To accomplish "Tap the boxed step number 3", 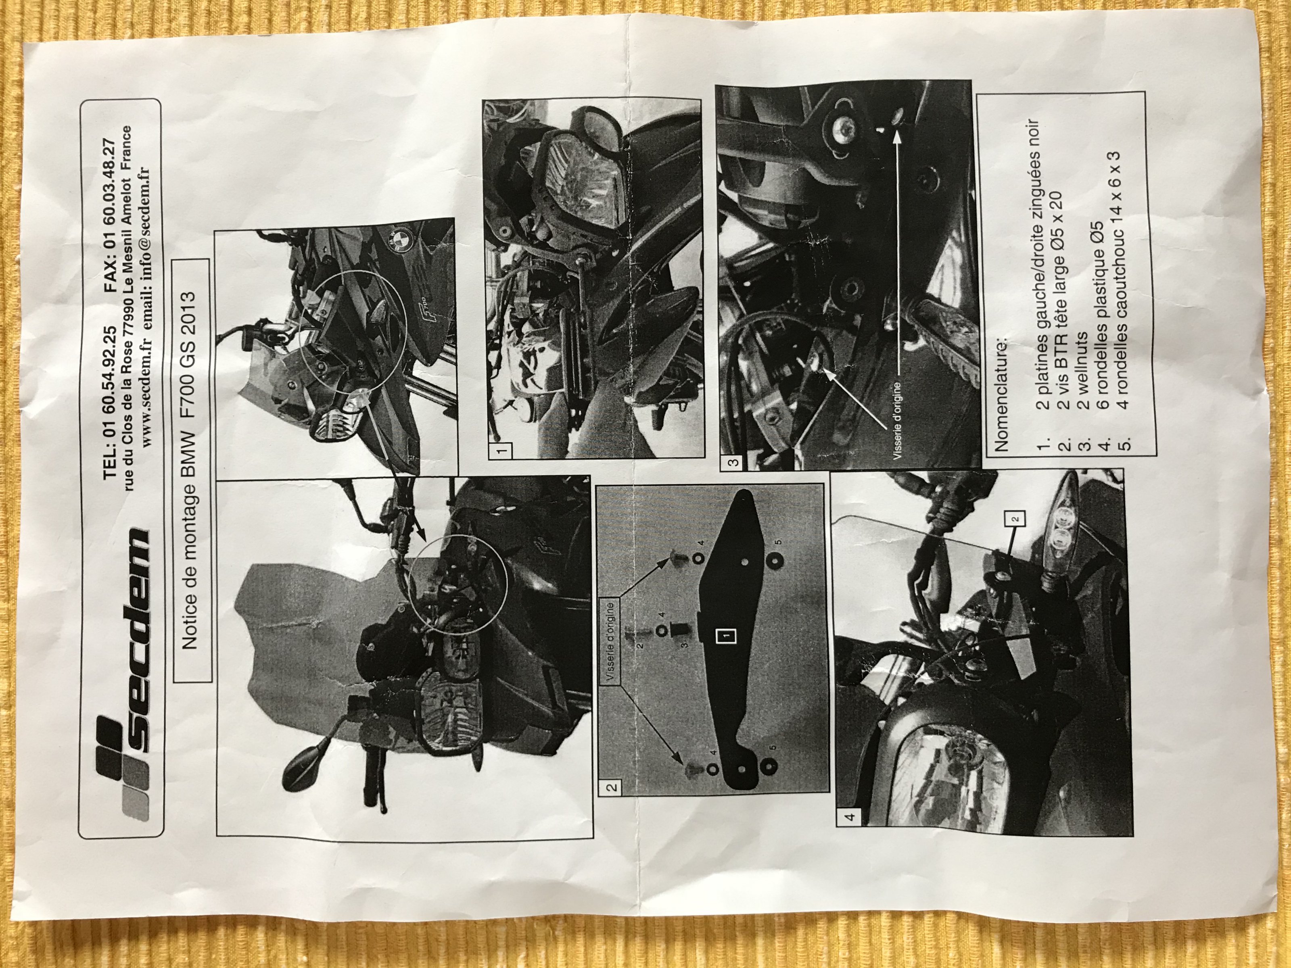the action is tap(733, 462).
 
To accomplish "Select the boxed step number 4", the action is tap(850, 816).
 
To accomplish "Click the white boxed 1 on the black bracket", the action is tap(727, 635).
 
